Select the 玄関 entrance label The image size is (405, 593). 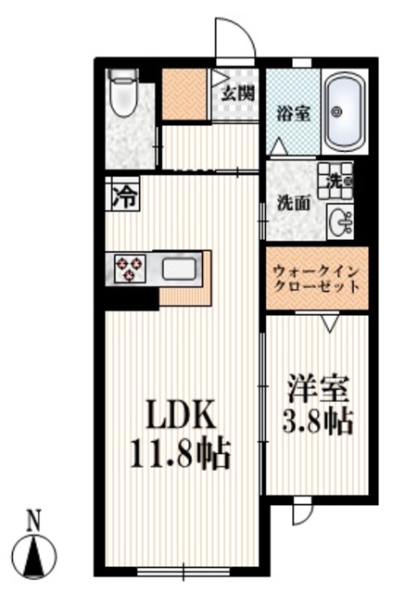tap(238, 93)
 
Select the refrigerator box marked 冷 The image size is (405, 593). tap(123, 196)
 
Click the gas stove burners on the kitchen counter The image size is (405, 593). tap(129, 269)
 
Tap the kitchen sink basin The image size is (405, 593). tap(180, 270)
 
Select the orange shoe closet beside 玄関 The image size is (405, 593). tap(185, 94)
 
